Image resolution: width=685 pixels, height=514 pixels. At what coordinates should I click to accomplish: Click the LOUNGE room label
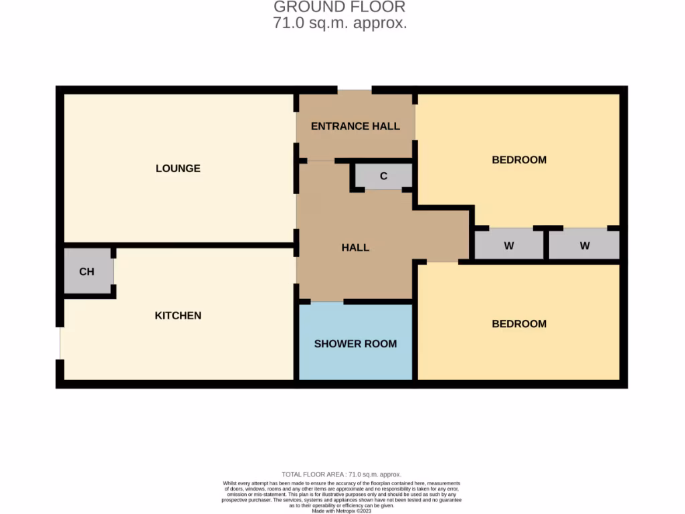click(178, 168)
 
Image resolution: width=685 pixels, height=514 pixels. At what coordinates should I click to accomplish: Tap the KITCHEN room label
click(178, 315)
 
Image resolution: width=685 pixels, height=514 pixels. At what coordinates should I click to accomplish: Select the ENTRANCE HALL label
click(355, 126)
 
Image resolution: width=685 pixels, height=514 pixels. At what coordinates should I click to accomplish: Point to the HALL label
click(355, 247)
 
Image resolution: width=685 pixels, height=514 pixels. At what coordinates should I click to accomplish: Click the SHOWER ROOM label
click(355, 343)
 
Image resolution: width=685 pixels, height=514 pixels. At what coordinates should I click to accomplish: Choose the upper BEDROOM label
click(519, 159)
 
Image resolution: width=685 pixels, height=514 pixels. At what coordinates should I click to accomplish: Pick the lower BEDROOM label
click(519, 323)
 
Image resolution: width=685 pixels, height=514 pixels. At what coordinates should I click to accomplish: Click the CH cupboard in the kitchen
click(87, 271)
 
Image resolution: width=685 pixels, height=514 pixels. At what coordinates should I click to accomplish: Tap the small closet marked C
click(383, 176)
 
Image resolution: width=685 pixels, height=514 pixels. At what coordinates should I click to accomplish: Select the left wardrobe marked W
click(508, 246)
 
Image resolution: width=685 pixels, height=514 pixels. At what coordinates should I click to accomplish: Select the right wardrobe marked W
click(585, 246)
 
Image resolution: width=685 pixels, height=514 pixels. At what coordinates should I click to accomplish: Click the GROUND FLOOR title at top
click(339, 7)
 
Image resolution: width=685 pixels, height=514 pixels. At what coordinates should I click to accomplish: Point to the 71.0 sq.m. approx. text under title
click(339, 23)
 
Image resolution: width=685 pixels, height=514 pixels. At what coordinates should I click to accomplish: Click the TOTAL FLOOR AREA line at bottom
click(342, 474)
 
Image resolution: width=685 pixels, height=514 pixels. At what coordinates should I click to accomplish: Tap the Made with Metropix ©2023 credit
click(342, 511)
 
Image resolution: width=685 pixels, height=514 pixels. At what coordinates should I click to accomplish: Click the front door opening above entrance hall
click(354, 90)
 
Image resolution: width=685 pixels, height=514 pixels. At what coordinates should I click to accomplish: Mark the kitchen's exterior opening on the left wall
click(60, 343)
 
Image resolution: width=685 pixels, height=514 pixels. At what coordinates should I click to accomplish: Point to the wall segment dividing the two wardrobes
click(546, 244)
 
